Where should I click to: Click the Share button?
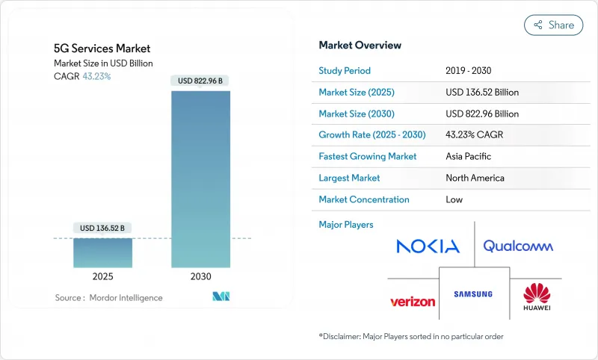click(x=553, y=25)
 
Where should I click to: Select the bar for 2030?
click(x=200, y=179)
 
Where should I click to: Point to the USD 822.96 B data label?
click(x=200, y=80)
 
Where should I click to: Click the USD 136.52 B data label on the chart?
click(x=102, y=227)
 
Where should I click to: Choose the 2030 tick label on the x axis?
click(x=200, y=277)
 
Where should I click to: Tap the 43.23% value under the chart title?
click(x=96, y=76)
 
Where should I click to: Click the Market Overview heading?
click(x=360, y=45)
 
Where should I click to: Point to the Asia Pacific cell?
click(x=469, y=157)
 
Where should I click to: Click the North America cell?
click(x=475, y=178)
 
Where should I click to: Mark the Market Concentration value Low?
click(x=454, y=199)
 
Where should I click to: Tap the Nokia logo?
click(x=428, y=246)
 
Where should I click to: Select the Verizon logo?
click(x=413, y=301)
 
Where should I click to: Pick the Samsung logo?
click(x=473, y=294)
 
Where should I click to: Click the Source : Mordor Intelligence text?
click(x=108, y=297)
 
